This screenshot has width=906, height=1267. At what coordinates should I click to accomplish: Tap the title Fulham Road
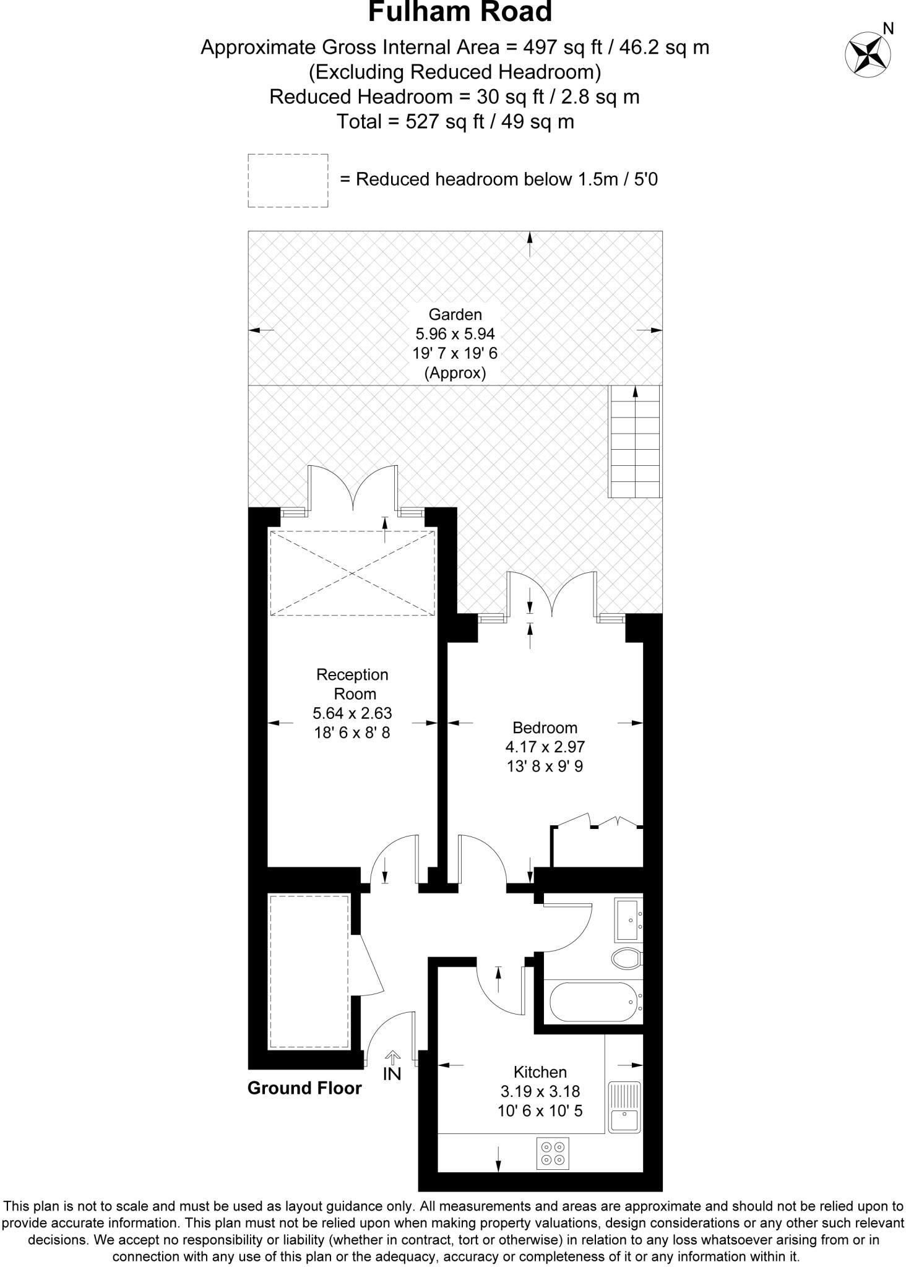click(460, 12)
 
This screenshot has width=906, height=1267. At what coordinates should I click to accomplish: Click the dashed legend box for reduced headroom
click(288, 181)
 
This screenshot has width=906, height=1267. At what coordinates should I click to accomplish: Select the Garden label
click(455, 314)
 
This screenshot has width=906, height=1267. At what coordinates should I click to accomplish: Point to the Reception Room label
click(353, 684)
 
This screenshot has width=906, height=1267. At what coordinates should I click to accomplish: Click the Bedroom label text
click(545, 728)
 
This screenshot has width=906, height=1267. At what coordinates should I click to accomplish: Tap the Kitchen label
click(540, 1072)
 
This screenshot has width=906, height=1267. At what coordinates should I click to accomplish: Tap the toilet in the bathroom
click(628, 959)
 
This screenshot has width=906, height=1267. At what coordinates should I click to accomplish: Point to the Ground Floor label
click(304, 1088)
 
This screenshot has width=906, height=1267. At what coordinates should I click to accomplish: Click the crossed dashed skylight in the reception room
click(352, 573)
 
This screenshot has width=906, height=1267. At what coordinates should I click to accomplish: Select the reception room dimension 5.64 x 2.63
click(353, 713)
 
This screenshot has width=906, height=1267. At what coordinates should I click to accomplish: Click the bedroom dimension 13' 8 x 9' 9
click(545, 767)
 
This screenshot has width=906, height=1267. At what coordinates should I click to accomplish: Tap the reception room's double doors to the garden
click(353, 488)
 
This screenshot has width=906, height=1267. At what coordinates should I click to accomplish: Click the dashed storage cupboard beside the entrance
click(309, 971)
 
